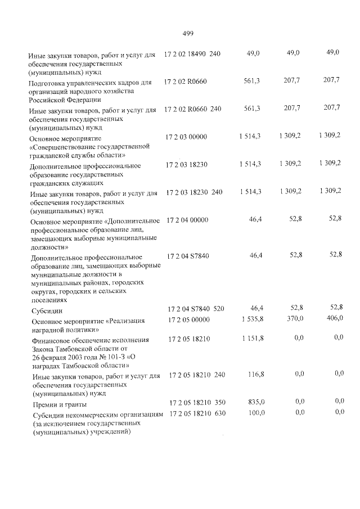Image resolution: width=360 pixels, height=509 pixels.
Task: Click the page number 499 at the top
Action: coord(188,33)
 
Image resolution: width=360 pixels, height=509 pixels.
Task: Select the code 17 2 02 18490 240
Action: coord(192,53)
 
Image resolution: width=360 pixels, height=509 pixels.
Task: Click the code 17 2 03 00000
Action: coord(187,137)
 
